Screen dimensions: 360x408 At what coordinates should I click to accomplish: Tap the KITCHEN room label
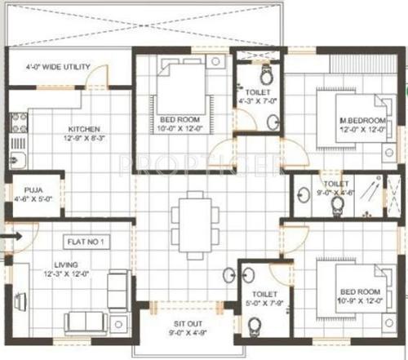(x=83, y=129)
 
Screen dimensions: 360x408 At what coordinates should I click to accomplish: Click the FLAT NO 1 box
(x=88, y=242)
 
